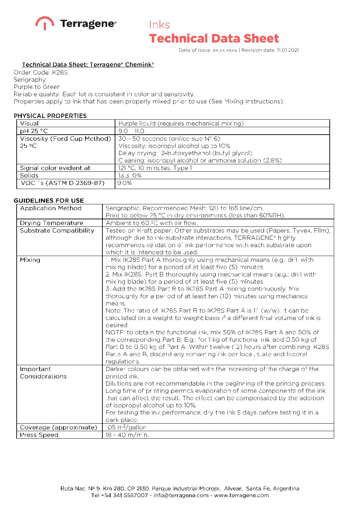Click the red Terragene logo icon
click(x=45, y=23)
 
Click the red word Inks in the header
click(x=159, y=25)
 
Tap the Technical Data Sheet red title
click(x=214, y=38)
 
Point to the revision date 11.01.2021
click(x=288, y=50)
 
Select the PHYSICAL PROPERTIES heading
click(x=50, y=116)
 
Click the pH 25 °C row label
click(x=34, y=131)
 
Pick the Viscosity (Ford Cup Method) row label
click(x=65, y=139)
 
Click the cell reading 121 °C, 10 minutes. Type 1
click(x=155, y=168)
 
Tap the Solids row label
click(x=29, y=175)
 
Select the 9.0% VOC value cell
click(x=125, y=183)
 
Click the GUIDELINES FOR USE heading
click(x=49, y=201)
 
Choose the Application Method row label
click(x=51, y=208)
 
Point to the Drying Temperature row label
click(x=51, y=223)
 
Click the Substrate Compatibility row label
click(x=57, y=231)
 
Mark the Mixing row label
click(x=30, y=260)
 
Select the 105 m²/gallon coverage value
click(x=126, y=427)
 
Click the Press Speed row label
click(x=39, y=435)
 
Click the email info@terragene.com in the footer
click(x=181, y=495)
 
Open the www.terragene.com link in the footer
click(x=241, y=495)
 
